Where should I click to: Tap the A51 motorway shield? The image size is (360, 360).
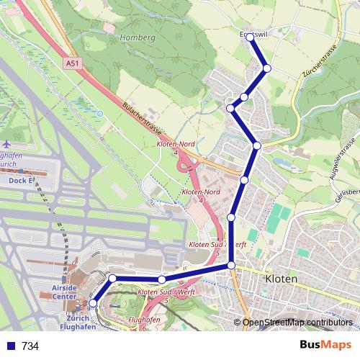coord(72,64)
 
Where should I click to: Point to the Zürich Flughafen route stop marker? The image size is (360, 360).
coord(93,304)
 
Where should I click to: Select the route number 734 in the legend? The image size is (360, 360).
coord(30,346)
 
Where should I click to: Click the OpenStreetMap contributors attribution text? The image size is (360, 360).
coord(297,323)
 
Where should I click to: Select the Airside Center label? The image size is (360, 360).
coord(64,292)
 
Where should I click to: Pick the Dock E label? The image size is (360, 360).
coord(22,181)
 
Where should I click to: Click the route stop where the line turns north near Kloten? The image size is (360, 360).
coord(231,266)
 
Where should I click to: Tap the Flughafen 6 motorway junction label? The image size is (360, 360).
coord(143,322)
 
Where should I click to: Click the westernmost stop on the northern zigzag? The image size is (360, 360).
coord(230,108)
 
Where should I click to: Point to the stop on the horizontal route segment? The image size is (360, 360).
coord(162,279)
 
